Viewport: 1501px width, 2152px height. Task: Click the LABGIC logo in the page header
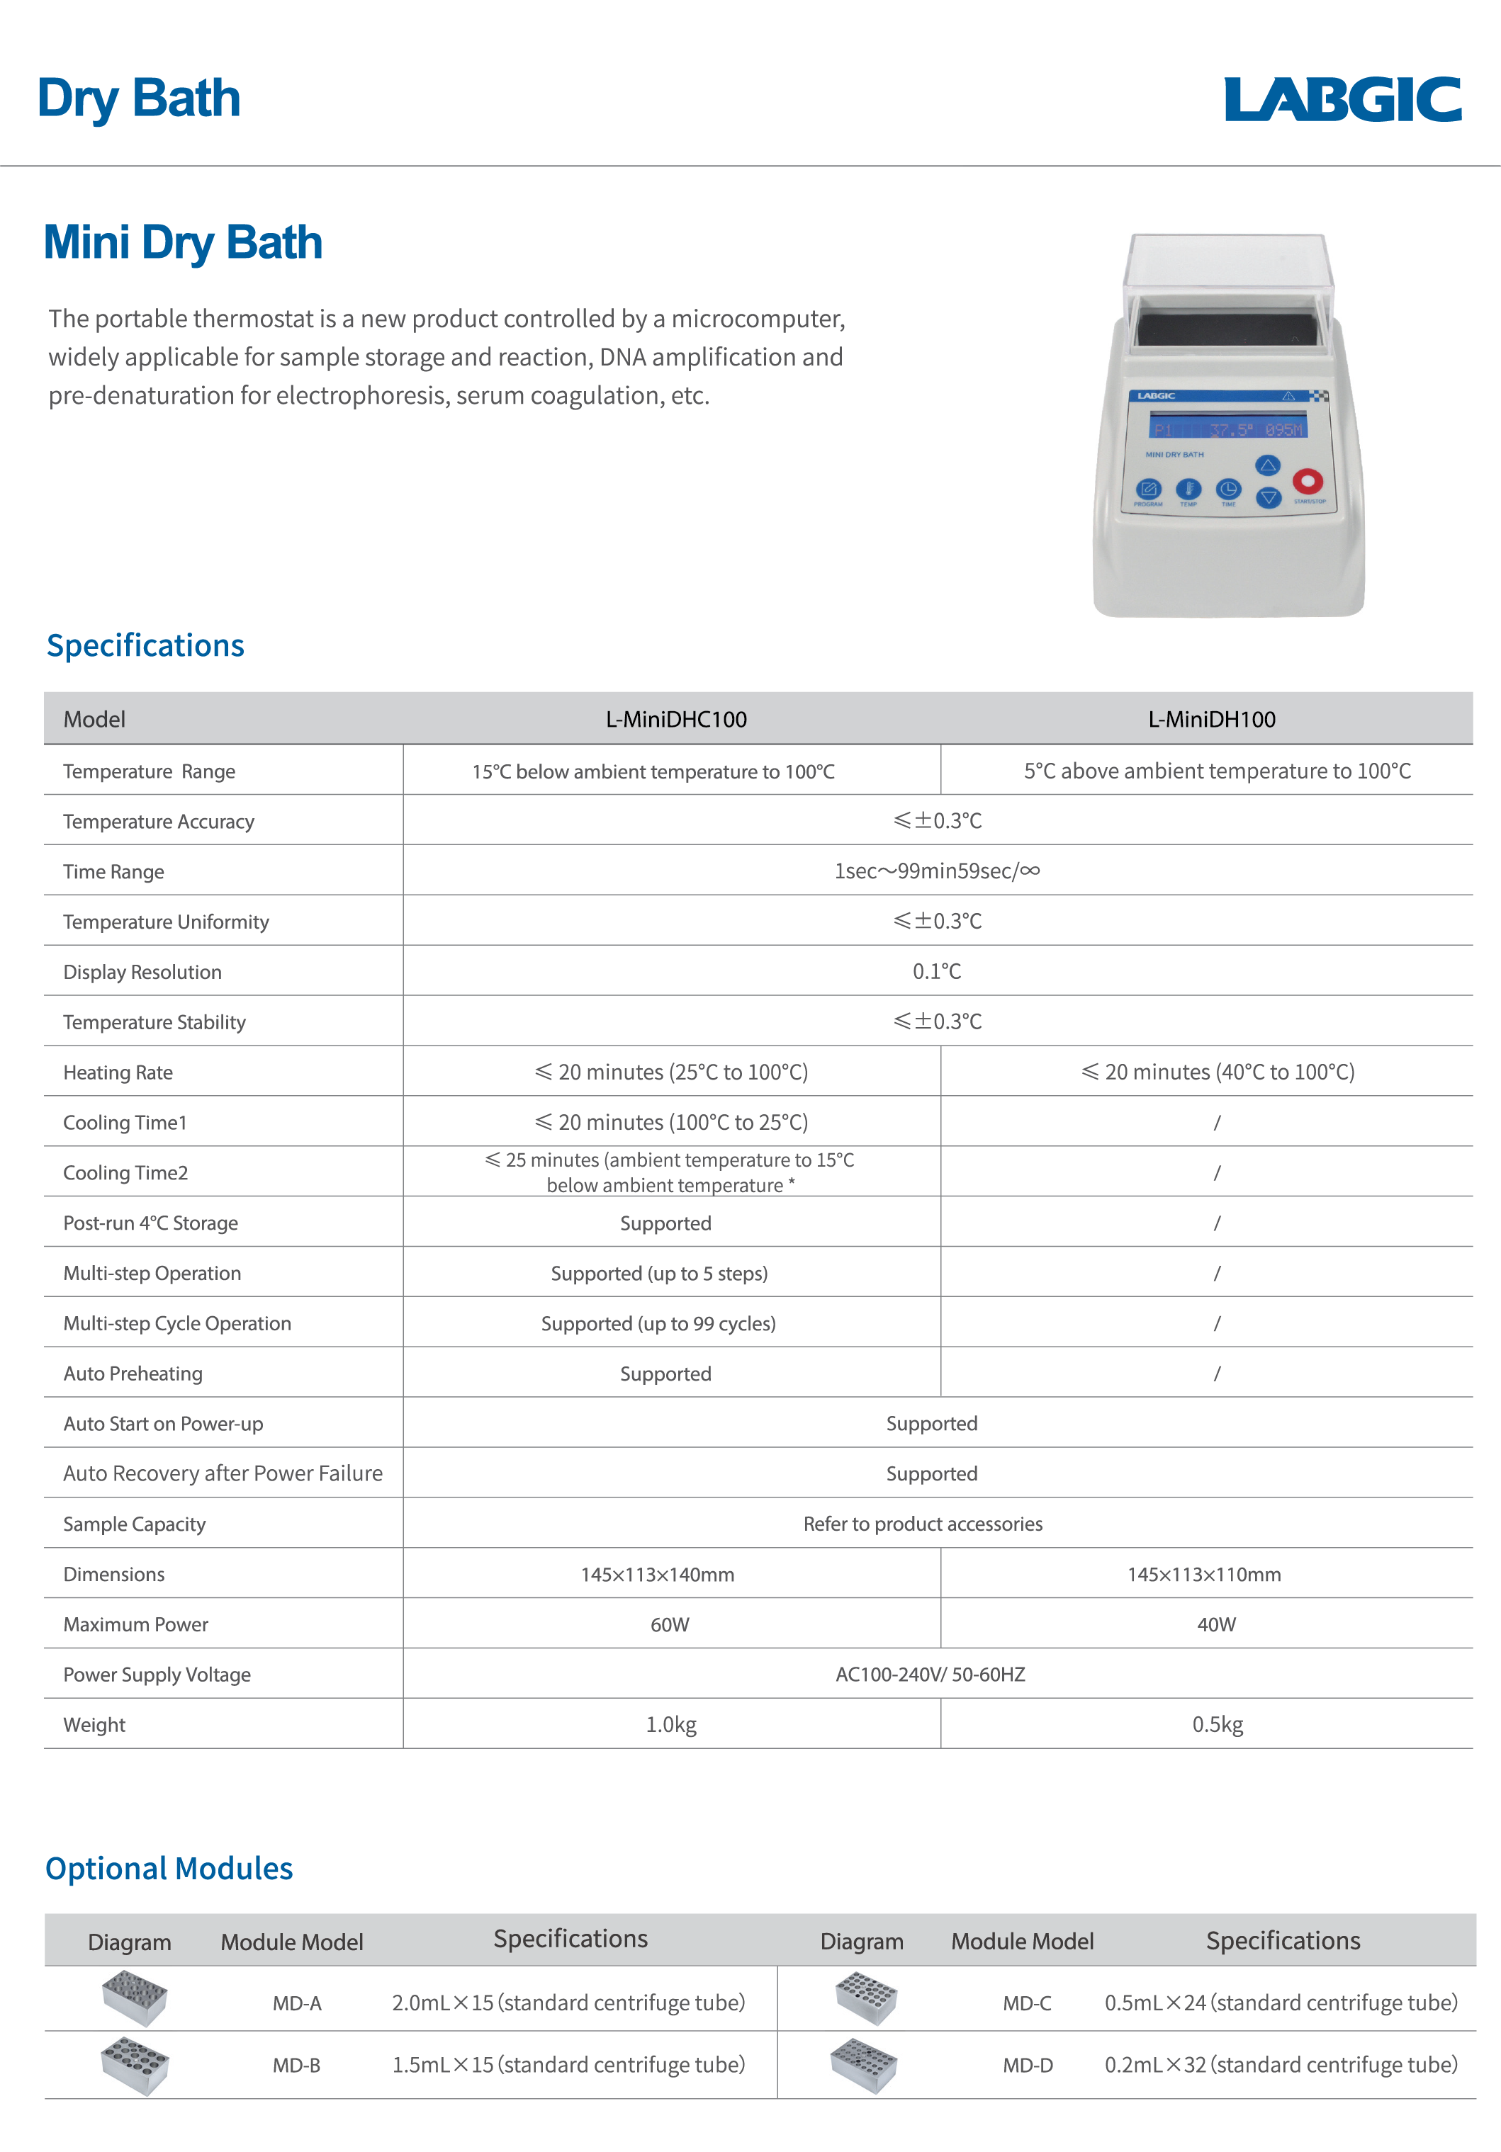[1342, 99]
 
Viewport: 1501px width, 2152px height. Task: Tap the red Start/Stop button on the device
[1307, 481]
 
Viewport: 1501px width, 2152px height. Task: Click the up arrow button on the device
[1268, 465]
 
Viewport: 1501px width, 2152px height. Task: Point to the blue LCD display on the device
[1228, 429]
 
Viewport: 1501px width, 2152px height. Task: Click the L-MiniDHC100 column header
[676, 720]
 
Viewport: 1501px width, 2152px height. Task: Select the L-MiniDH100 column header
[1211, 720]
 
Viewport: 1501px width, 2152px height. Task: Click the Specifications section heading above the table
[145, 646]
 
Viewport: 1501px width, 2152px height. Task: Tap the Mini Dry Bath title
[183, 243]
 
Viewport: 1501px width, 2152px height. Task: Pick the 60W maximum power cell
[670, 1624]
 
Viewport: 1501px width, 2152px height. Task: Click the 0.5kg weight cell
[1217, 1725]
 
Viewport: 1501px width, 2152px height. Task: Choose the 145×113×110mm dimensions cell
[1204, 1575]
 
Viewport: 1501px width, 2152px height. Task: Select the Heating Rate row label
[118, 1072]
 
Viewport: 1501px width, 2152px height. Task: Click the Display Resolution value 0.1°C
[937, 972]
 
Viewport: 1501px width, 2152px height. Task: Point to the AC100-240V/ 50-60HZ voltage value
[930, 1675]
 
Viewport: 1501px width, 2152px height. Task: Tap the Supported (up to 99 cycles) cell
[658, 1323]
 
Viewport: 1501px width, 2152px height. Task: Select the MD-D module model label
[1028, 2066]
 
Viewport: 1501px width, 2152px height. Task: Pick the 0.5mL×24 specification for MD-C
[1281, 2003]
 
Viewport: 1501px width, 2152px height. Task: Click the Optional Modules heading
[169, 1869]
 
